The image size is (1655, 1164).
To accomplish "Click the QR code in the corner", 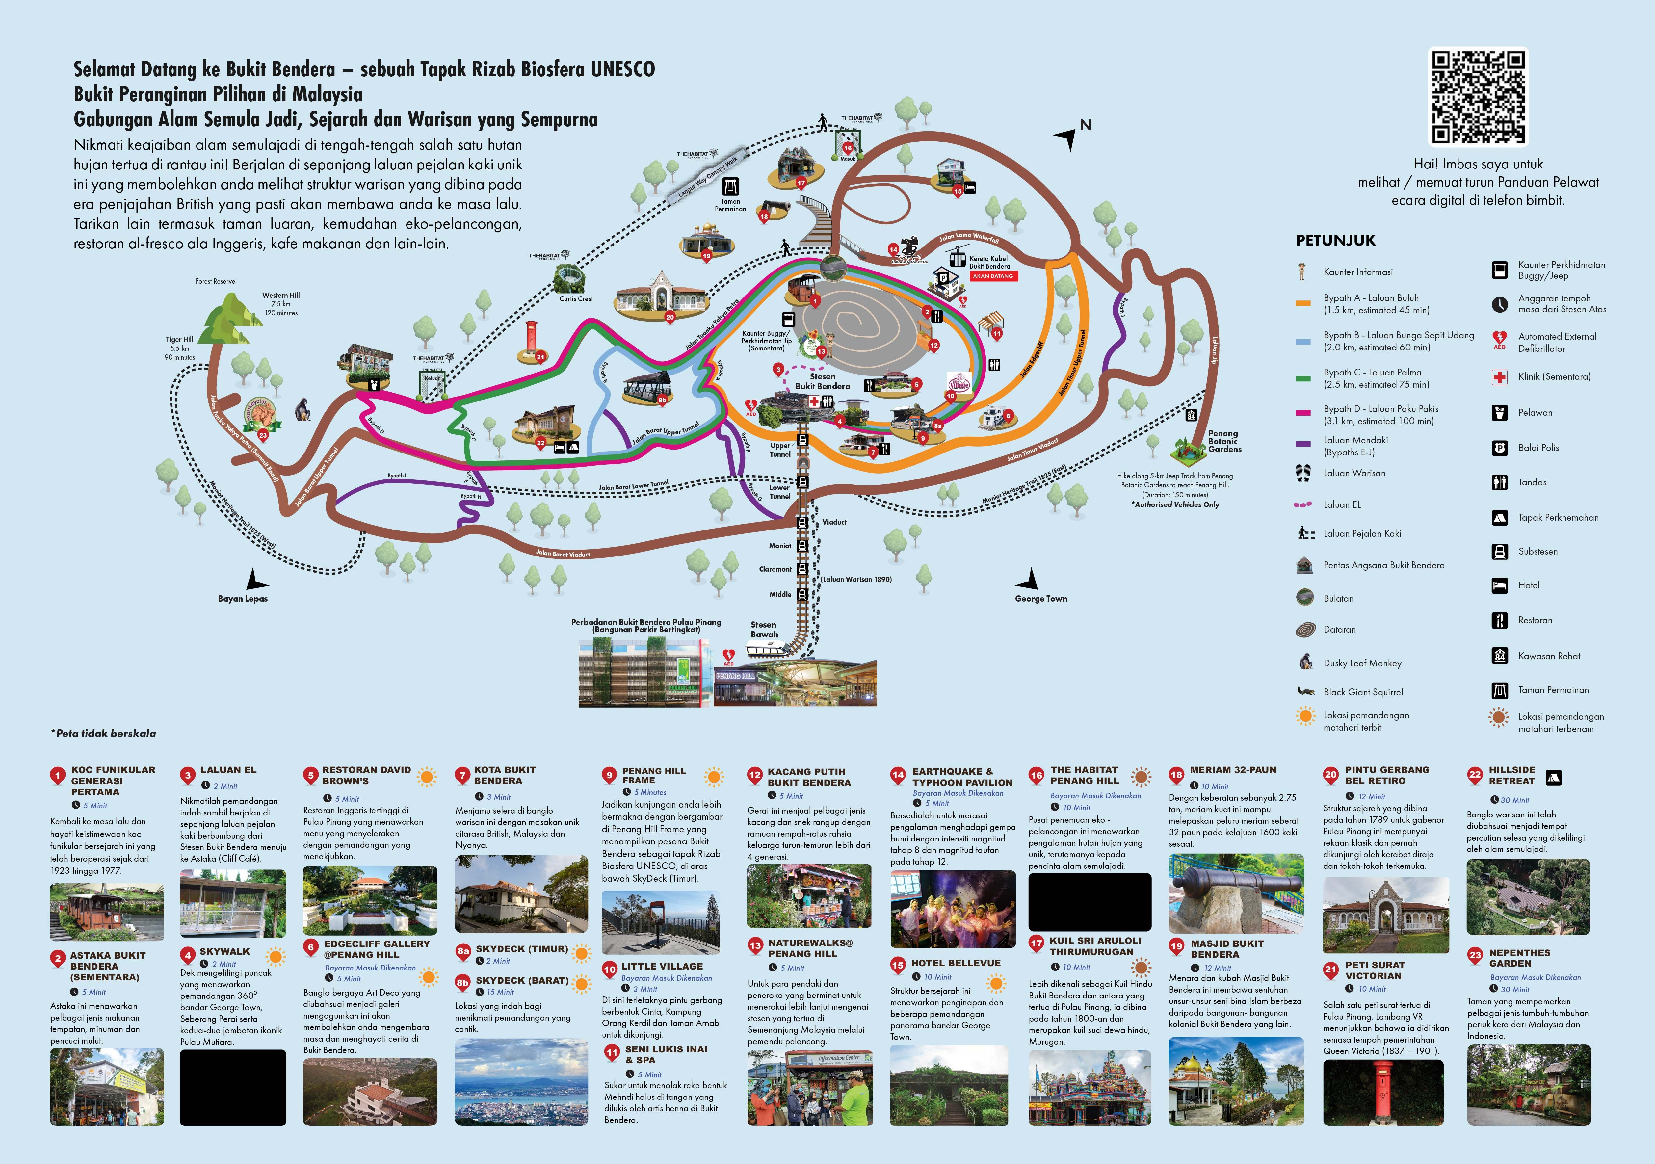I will (1478, 97).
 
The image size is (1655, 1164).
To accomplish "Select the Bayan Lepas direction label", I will (243, 598).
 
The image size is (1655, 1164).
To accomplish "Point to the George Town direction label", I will (1041, 598).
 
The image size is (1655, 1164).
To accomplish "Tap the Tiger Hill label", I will (179, 340).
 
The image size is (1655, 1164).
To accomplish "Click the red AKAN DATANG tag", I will (992, 276).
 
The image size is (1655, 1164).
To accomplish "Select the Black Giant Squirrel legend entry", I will (1362, 692).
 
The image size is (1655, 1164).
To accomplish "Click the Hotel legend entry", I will (1528, 585).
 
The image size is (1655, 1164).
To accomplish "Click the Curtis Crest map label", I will (576, 298).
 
